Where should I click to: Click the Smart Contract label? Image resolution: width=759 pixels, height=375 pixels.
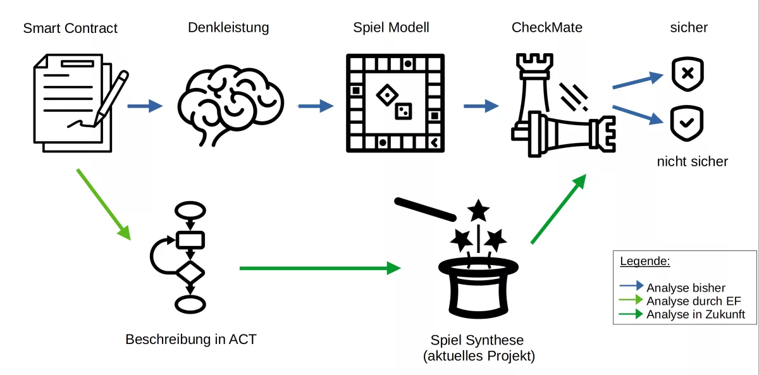pyautogui.click(x=70, y=28)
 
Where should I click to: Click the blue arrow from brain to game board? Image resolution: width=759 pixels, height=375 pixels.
pyautogui.click(x=316, y=106)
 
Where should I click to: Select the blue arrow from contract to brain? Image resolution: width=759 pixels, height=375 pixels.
pyautogui.click(x=145, y=106)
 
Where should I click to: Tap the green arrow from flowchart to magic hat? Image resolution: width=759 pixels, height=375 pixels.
pyautogui.click(x=319, y=268)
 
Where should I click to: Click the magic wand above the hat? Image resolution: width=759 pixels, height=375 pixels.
pyautogui.click(x=424, y=209)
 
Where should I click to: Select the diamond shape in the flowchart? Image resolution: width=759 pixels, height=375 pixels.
pyautogui.click(x=190, y=273)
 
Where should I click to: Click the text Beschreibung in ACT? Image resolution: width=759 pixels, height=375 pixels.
pyautogui.click(x=191, y=339)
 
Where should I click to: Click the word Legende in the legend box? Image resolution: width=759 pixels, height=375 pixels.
pyautogui.click(x=645, y=261)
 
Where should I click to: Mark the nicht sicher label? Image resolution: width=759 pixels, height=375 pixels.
pyautogui.click(x=692, y=161)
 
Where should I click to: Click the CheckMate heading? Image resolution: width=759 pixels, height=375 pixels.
pyautogui.click(x=546, y=28)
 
